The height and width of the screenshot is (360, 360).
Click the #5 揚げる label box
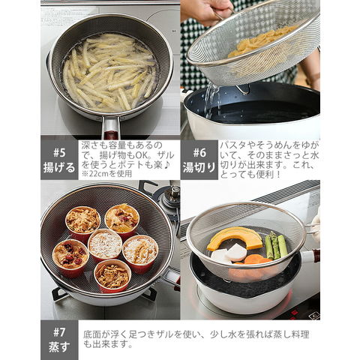click(59, 160)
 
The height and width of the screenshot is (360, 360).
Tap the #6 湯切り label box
click(199, 160)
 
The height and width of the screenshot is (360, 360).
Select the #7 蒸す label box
click(59, 340)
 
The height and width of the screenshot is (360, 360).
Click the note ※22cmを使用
click(106, 173)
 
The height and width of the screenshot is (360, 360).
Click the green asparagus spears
click(275, 245)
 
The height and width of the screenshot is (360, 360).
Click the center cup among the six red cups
click(105, 245)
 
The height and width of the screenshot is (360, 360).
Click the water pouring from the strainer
click(211, 100)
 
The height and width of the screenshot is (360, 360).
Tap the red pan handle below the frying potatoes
click(111, 129)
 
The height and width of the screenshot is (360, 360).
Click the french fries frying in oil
click(109, 73)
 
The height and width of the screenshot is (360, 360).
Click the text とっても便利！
click(250, 174)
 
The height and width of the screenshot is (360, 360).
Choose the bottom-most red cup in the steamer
click(112, 276)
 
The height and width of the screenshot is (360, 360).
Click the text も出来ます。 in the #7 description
click(108, 344)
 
